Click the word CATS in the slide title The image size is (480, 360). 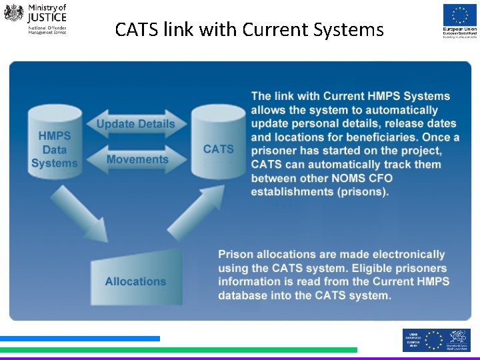tap(137, 29)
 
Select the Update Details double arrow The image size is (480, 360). tap(135, 124)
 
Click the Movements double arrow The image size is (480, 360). tap(137, 159)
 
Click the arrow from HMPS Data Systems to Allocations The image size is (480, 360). tap(81, 212)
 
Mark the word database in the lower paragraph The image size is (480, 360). tap(245, 295)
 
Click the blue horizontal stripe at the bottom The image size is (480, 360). tap(80, 339)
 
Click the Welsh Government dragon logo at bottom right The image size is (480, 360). tap(458, 340)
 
